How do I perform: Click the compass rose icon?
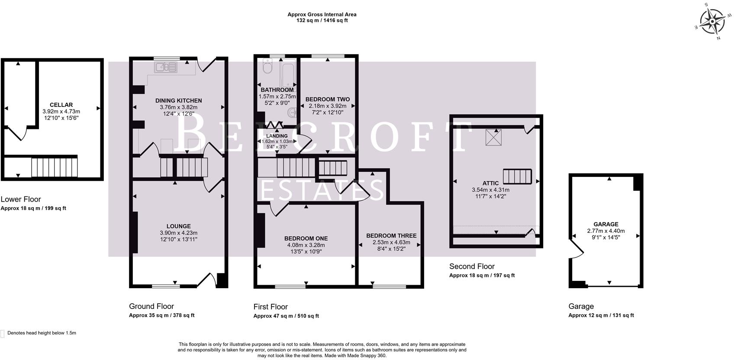click(x=712, y=21)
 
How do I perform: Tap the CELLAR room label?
click(x=61, y=105)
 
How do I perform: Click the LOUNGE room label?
click(x=178, y=226)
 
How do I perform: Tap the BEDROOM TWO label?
click(x=327, y=99)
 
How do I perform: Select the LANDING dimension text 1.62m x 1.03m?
click(x=277, y=141)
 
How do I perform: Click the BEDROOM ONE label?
click(x=306, y=238)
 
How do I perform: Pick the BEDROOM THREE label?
click(x=391, y=235)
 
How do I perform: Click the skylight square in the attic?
click(x=492, y=138)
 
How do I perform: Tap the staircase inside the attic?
click(x=517, y=177)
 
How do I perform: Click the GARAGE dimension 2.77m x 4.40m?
click(x=605, y=231)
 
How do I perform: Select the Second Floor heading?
click(x=472, y=266)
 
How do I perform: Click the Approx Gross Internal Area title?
click(x=322, y=14)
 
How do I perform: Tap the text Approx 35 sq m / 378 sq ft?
click(x=161, y=315)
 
